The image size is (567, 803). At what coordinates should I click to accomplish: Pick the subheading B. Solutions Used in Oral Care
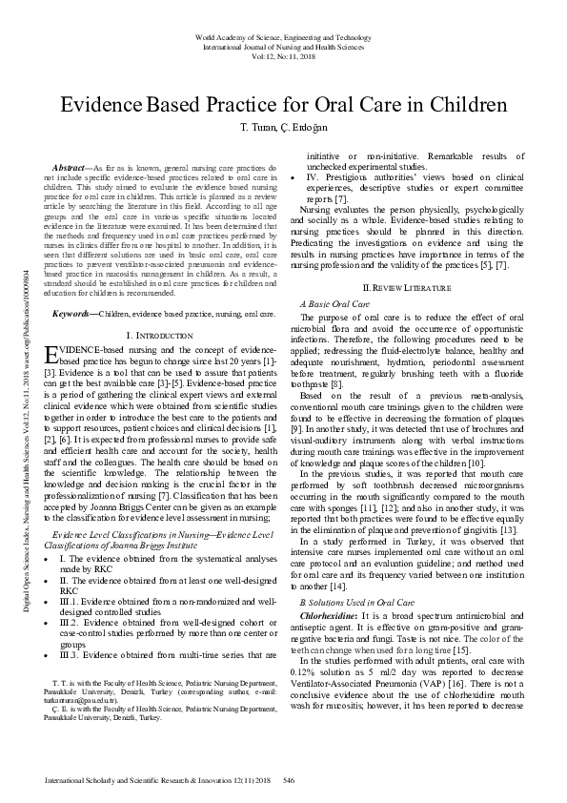(356, 577)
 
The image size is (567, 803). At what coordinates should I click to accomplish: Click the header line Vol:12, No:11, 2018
(283, 55)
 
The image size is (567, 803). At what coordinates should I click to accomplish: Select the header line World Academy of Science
(283, 36)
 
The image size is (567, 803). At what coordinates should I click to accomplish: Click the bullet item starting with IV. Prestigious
(414, 177)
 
